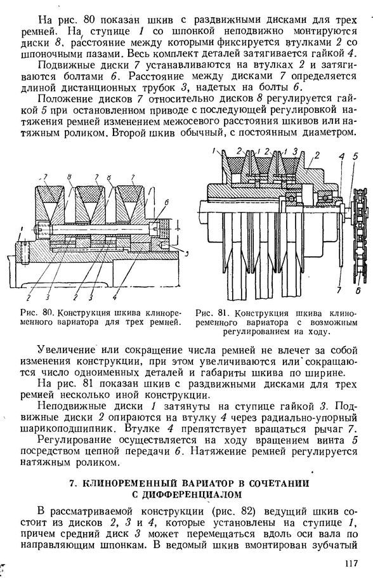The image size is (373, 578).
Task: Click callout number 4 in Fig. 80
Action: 115,296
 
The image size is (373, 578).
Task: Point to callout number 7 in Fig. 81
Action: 338,291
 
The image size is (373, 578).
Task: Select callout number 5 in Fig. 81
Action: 355,156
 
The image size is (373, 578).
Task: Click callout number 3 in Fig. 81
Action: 295,151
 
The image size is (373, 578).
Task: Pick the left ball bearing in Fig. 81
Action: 292,199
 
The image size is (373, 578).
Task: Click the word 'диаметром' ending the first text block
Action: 329,133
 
